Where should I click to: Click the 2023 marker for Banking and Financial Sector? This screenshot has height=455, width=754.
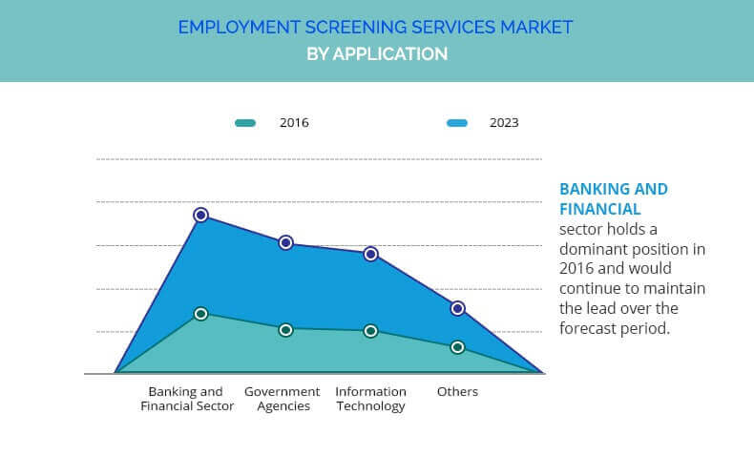click(x=200, y=216)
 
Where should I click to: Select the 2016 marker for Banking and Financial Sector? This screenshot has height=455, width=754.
click(x=200, y=314)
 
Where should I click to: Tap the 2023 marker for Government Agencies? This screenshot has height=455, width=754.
click(x=285, y=243)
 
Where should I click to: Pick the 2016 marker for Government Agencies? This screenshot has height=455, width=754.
click(x=285, y=330)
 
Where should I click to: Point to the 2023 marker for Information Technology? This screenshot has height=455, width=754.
click(x=371, y=254)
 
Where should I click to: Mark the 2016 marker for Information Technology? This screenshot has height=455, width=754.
click(x=371, y=331)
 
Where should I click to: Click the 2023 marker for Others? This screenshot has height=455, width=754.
click(x=457, y=308)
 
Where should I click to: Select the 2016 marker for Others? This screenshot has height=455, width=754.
click(x=457, y=347)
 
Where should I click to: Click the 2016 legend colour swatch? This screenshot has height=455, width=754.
click(x=245, y=123)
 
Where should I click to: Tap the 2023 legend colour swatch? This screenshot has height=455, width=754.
click(x=456, y=123)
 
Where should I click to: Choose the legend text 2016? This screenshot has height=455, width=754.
click(x=294, y=123)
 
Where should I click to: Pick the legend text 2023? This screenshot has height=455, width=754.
click(x=504, y=123)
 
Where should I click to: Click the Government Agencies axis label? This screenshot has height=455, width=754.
click(x=283, y=399)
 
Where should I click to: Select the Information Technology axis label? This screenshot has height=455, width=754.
click(x=370, y=399)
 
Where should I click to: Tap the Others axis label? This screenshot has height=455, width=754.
click(x=457, y=392)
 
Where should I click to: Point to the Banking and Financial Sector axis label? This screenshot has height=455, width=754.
click(x=187, y=399)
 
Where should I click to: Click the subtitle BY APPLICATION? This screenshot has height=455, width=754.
click(x=377, y=54)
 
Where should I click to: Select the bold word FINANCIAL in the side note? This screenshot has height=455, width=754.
click(x=599, y=209)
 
